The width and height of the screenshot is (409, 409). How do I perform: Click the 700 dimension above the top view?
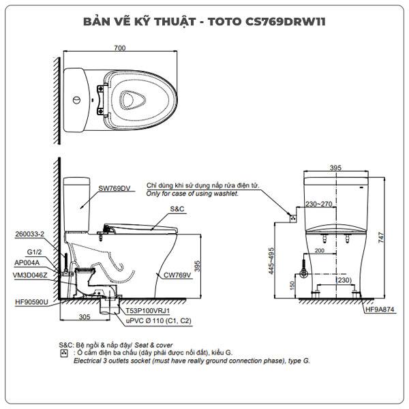coord(121,48)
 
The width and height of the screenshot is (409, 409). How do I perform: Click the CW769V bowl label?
coord(176,275)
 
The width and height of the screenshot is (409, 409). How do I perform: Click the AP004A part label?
coord(27,262)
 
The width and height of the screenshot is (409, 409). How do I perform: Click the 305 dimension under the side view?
coord(84,317)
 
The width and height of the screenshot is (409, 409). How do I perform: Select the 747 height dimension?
coord(386,237)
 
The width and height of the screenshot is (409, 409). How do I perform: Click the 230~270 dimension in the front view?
coord(319,204)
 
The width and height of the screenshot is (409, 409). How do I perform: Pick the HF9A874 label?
coord(380,309)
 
